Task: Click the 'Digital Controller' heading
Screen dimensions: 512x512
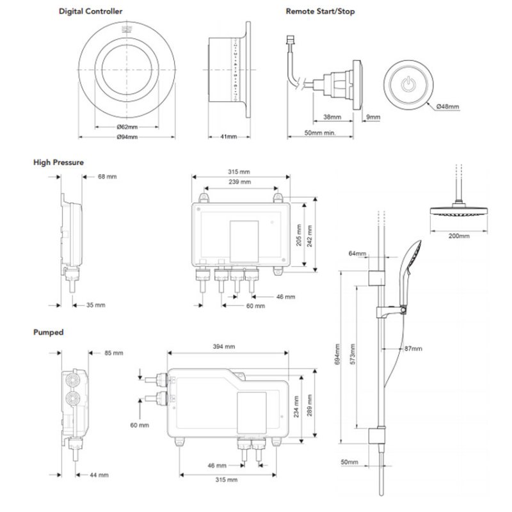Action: tap(91, 11)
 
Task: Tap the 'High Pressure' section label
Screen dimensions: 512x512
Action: tap(58, 163)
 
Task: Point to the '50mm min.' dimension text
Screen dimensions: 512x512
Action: tap(320, 133)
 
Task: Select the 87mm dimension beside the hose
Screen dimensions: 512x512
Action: tap(413, 349)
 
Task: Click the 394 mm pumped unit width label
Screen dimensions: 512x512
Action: tap(225, 346)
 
